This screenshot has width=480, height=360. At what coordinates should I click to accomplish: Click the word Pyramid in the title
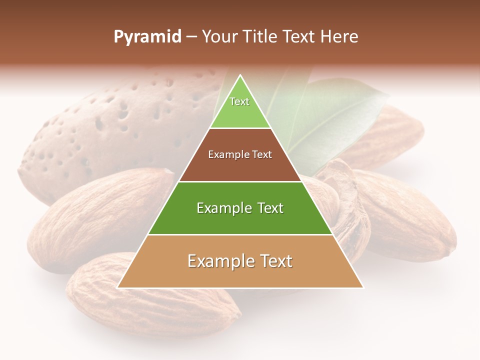pyautogui.click(x=147, y=37)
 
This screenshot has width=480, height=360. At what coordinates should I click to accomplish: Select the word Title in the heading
pyautogui.click(x=262, y=37)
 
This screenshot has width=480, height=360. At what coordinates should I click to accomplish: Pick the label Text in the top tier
pyautogui.click(x=239, y=101)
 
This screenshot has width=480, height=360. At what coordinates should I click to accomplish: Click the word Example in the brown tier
pyautogui.click(x=227, y=154)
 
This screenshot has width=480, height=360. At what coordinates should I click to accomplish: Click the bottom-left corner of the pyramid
pyautogui.click(x=118, y=287)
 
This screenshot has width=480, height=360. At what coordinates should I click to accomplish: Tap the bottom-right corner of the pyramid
pyautogui.click(x=363, y=287)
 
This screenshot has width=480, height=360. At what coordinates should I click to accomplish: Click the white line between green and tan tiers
pyautogui.click(x=240, y=235)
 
